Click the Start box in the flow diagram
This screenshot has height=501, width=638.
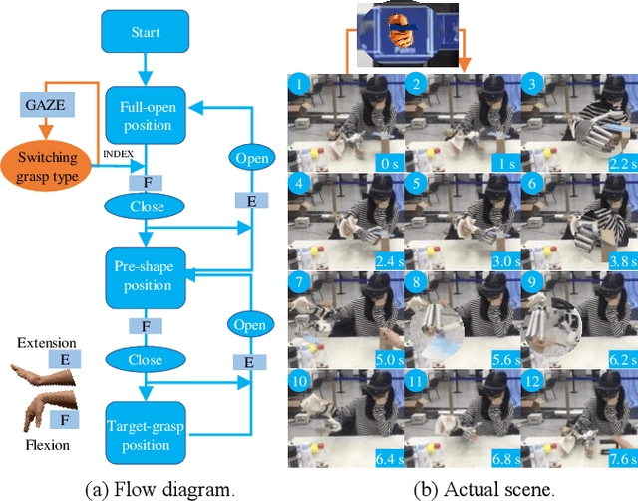(147, 33)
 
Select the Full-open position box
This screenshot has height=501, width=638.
(146, 115)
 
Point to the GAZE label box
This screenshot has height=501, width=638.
(44, 103)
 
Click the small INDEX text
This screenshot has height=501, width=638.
(117, 153)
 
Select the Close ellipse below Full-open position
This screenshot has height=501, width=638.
(146, 205)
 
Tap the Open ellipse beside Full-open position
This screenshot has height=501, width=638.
(249, 158)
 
